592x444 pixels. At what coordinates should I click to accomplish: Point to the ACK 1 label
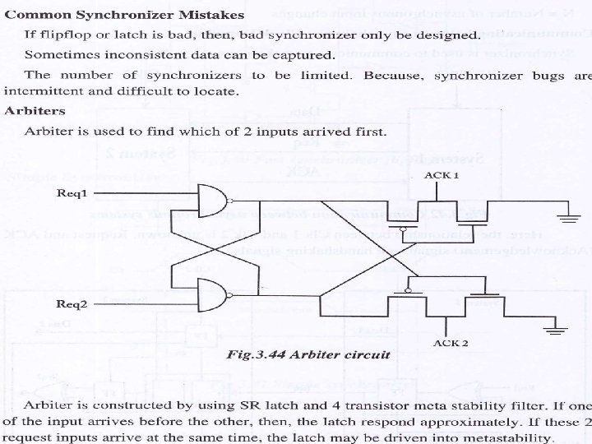pyautogui.click(x=441, y=176)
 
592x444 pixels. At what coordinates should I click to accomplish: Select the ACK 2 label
pyautogui.click(x=451, y=342)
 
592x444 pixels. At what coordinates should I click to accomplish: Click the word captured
pyautogui.click(x=307, y=56)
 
